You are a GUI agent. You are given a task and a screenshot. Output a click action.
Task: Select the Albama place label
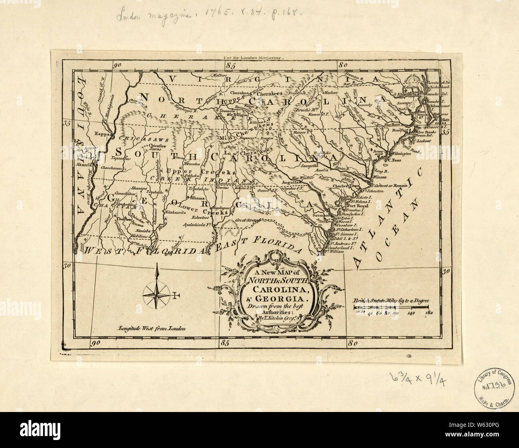coord(197,198)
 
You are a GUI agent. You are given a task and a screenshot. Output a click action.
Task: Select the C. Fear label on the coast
coord(394,161)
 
